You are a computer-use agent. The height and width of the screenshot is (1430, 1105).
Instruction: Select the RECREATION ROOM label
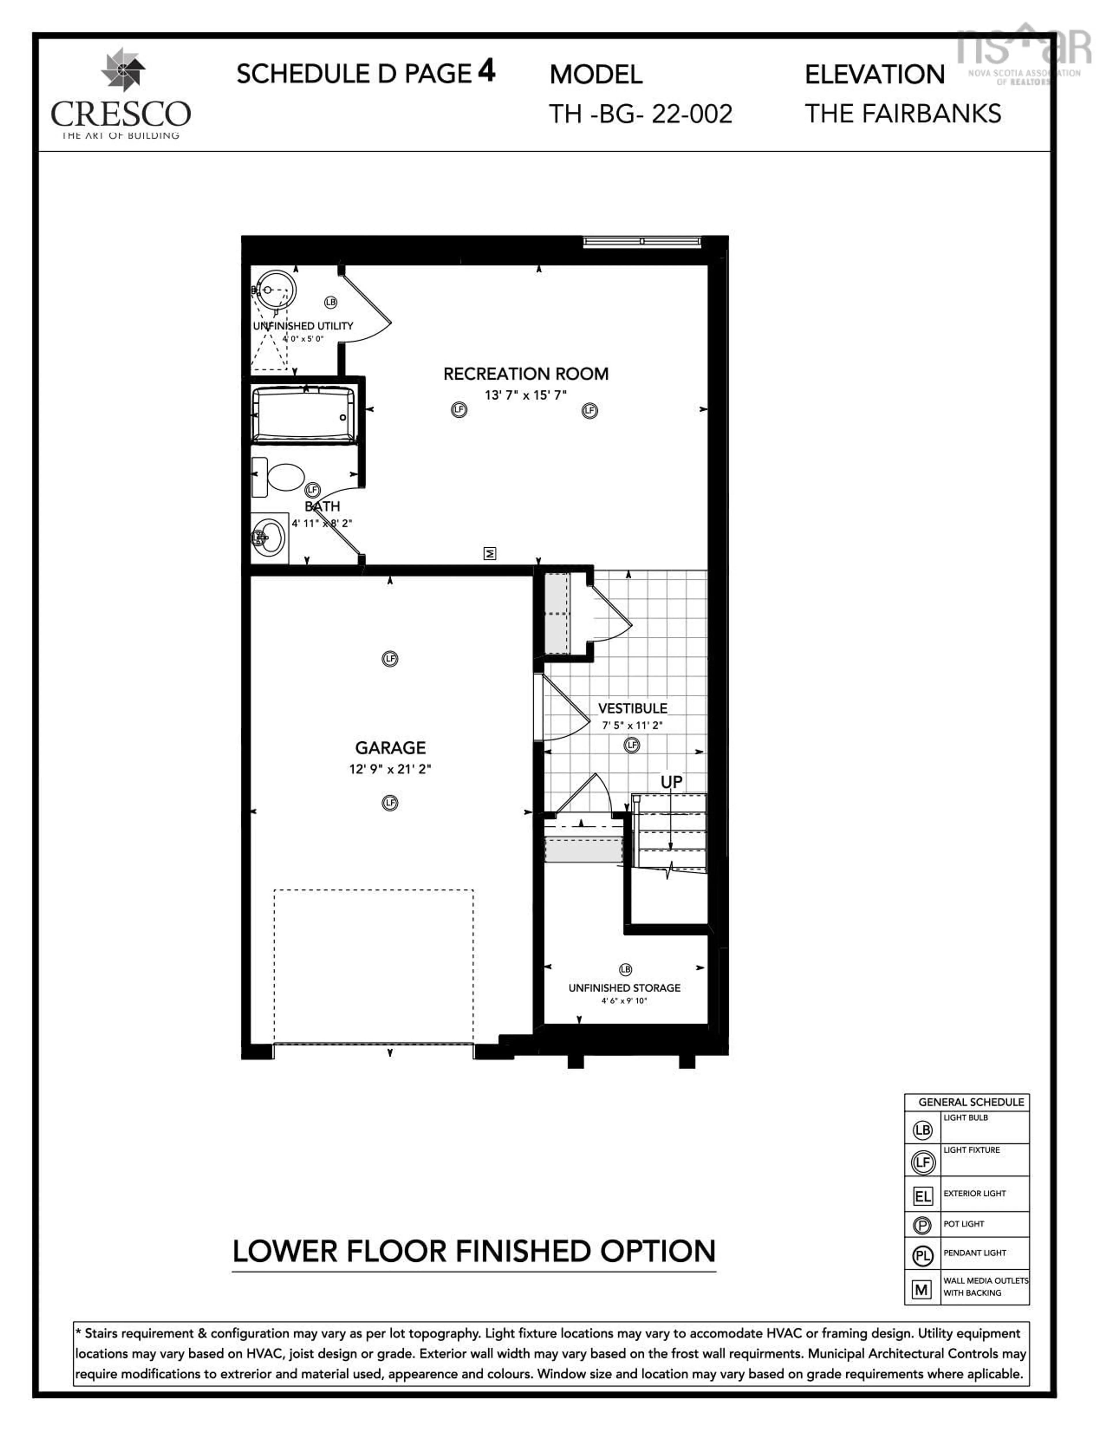526,374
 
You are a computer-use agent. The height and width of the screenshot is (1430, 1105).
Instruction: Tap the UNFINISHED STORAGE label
624,987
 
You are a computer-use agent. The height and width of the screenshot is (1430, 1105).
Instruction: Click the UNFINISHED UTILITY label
303,325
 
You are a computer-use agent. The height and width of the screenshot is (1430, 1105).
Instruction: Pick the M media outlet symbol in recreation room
490,553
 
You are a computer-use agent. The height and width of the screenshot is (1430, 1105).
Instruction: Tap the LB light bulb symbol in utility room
331,302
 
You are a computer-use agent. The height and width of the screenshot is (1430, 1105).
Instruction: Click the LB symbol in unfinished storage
625,969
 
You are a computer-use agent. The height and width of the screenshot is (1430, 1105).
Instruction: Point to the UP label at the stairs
671,782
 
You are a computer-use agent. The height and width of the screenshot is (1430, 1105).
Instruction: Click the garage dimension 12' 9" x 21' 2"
390,769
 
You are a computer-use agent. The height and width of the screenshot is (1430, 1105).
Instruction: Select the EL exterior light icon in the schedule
922,1197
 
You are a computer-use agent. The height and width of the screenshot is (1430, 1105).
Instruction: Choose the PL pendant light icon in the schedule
922,1256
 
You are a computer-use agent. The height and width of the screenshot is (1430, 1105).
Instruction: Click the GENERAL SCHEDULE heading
971,1102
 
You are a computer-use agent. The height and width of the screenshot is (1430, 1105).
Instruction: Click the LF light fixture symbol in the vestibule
632,745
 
